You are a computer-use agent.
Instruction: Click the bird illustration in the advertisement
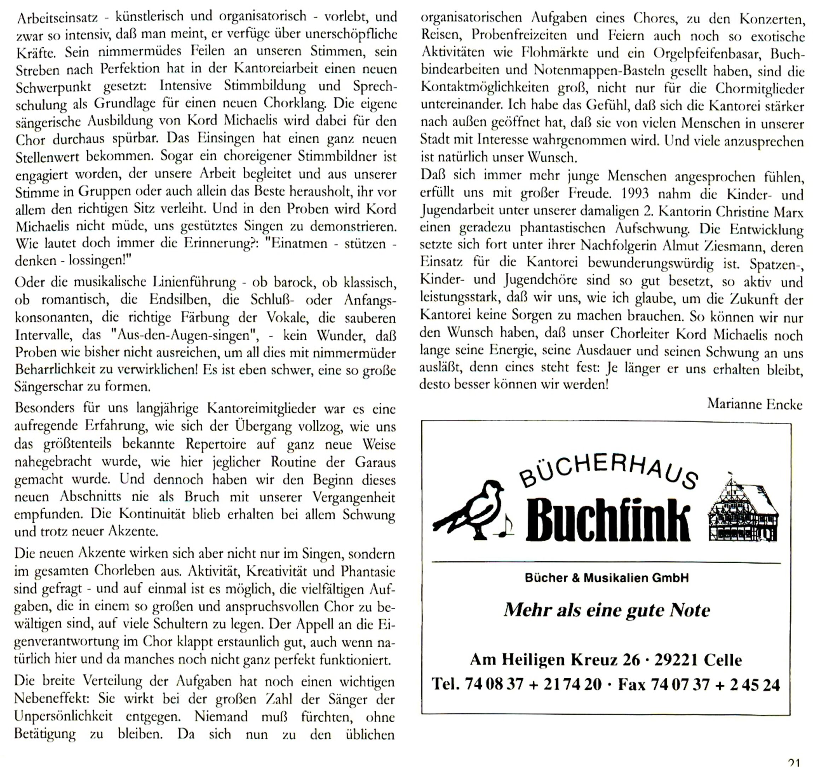tap(470, 509)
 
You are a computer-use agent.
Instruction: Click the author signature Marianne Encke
tap(755, 404)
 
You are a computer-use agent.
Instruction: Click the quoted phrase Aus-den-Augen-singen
tap(184, 336)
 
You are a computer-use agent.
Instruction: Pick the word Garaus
tap(375, 462)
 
